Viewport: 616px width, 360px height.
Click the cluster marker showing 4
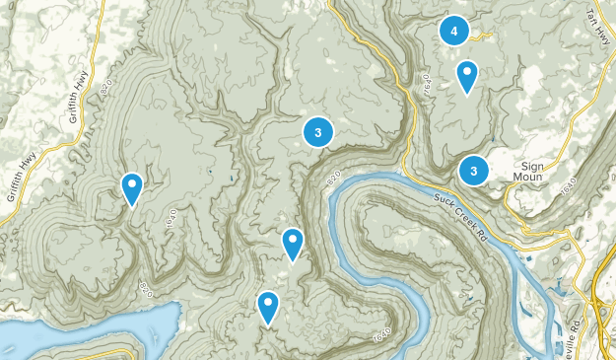453,31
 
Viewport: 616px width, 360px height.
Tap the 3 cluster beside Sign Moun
474,171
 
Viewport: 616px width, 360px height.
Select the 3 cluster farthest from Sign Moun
317,131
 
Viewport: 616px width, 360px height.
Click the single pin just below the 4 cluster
466,75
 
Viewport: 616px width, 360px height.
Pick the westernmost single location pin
131,187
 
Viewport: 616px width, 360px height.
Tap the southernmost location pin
268,307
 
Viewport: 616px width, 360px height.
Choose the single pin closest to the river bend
292,243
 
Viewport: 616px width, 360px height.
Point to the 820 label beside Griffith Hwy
105,87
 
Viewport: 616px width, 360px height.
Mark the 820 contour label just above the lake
148,289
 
